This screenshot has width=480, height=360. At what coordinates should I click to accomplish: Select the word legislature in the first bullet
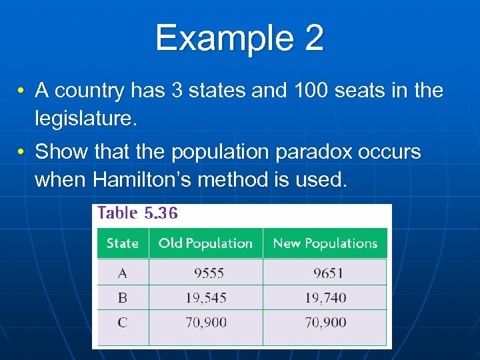(85, 119)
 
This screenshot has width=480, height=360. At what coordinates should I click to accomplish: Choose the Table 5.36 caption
(138, 213)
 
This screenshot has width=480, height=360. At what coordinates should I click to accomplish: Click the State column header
(123, 243)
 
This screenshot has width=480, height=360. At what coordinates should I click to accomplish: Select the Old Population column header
(205, 243)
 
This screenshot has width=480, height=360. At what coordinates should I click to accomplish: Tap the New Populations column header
(325, 243)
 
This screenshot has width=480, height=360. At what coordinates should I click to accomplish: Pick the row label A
(123, 273)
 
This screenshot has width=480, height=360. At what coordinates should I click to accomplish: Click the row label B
(123, 297)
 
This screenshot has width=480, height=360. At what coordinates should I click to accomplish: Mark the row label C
(123, 323)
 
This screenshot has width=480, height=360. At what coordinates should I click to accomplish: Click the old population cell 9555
(209, 273)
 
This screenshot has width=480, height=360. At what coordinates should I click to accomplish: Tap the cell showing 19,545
(206, 298)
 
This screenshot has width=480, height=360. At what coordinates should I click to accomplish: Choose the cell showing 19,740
(326, 298)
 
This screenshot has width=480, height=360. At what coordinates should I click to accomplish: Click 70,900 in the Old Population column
(206, 323)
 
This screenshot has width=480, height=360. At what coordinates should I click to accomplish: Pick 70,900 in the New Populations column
(326, 323)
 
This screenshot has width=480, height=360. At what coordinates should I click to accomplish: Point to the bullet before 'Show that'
(22, 152)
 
